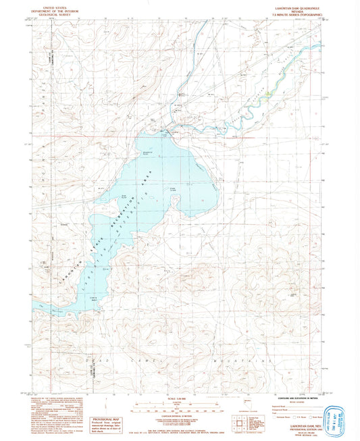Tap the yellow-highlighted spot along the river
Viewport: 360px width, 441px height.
pos(269,95)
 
